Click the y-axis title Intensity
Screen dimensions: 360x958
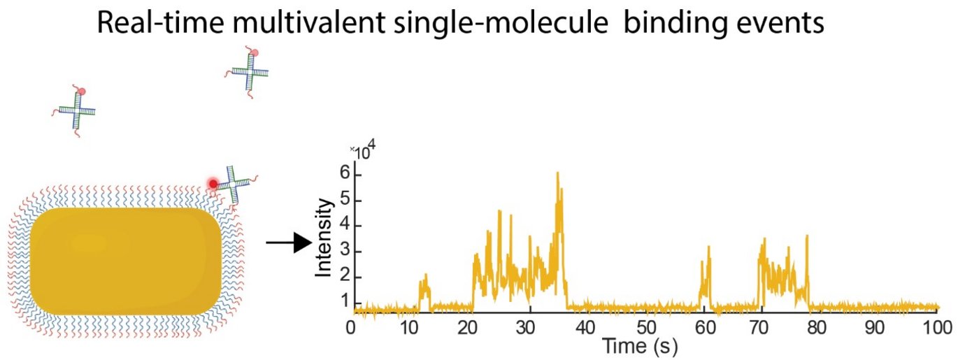click(324, 237)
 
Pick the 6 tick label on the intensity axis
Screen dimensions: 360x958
click(344, 174)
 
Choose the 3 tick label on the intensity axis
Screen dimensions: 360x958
click(344, 251)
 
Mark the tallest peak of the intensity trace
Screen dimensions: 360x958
click(557, 174)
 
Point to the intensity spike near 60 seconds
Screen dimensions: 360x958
click(708, 248)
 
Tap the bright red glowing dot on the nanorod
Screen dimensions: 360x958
click(213, 183)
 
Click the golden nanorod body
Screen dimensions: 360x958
click(126, 260)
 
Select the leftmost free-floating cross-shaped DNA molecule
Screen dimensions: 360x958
click(75, 110)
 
